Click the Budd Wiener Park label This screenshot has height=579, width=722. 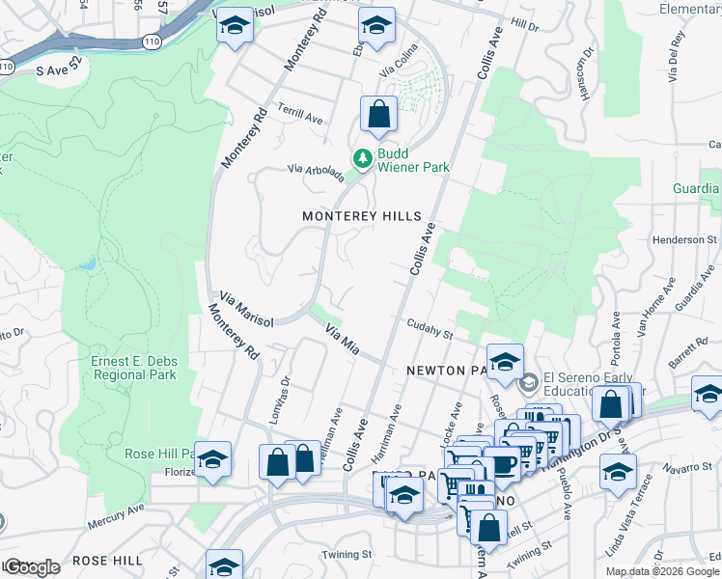coord(413,160)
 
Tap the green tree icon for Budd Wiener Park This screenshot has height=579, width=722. coord(363,156)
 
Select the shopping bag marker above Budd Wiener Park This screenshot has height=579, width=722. coord(379,114)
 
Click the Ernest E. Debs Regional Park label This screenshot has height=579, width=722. coord(134,368)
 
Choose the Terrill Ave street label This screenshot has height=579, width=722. coord(300,112)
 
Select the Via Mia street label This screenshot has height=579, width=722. coord(343,339)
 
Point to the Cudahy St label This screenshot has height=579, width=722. coord(430,329)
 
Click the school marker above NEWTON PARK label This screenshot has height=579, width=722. coord(505,363)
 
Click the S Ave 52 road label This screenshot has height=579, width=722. coord(61,70)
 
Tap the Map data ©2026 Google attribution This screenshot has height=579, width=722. coord(662,571)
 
